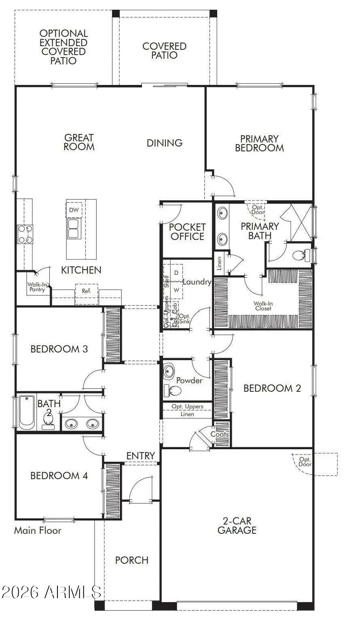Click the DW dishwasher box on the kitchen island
pyautogui.click(x=74, y=210)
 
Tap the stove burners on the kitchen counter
pyautogui.click(x=25, y=234)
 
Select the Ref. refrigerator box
pyautogui.click(x=87, y=291)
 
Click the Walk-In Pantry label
pyautogui.click(x=37, y=287)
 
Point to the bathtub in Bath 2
pyautogui.click(x=26, y=412)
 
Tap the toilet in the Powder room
pyautogui.click(x=174, y=391)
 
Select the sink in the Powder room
pyautogui.click(x=169, y=371)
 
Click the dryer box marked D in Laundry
pyautogui.click(x=176, y=273)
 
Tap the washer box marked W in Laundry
pyautogui.click(x=176, y=290)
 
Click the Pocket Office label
pyautogui.click(x=187, y=232)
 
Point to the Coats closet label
pyautogui.click(x=220, y=434)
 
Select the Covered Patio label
pyautogui.click(x=164, y=51)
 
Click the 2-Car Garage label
pyautogui.click(x=237, y=526)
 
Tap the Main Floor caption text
pyautogui.click(x=38, y=531)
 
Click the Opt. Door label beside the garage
pyautogui.click(x=305, y=462)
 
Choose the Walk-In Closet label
pyautogui.click(x=263, y=306)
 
